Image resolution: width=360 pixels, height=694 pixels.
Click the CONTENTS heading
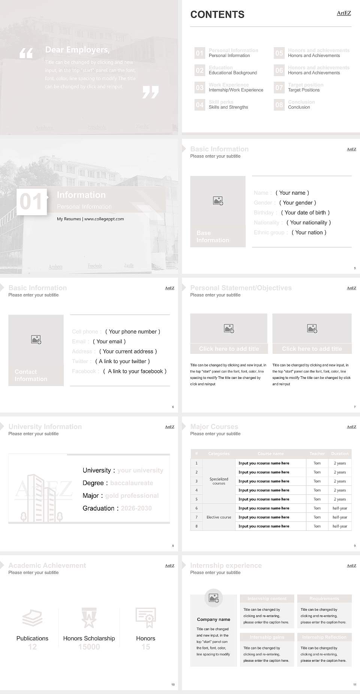(x=217, y=15)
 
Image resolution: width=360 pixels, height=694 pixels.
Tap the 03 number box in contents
(x=199, y=87)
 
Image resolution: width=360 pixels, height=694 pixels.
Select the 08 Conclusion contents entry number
(x=279, y=105)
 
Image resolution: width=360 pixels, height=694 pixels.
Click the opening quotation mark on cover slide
(x=26, y=53)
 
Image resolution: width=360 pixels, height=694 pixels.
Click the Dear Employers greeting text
(x=77, y=50)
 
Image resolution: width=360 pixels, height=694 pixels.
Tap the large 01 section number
(x=31, y=201)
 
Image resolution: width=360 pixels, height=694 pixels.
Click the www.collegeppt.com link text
(x=104, y=219)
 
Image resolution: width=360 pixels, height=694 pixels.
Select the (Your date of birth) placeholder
(x=305, y=212)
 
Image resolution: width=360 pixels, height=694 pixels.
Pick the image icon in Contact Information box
(x=36, y=339)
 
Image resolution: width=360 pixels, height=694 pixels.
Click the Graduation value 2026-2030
(x=136, y=508)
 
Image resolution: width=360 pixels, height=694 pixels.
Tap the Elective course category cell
(x=219, y=517)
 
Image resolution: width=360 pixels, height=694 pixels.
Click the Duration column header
(x=340, y=454)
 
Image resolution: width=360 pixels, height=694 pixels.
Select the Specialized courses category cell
(x=219, y=481)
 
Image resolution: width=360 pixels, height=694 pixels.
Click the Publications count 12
(x=32, y=647)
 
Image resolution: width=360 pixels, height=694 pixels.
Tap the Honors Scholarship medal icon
(x=89, y=618)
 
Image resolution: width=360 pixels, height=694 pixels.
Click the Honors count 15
(x=145, y=647)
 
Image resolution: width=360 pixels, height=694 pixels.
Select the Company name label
(x=213, y=619)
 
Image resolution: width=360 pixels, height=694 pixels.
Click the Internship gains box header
(x=267, y=637)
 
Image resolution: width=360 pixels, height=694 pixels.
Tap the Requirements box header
(x=324, y=599)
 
